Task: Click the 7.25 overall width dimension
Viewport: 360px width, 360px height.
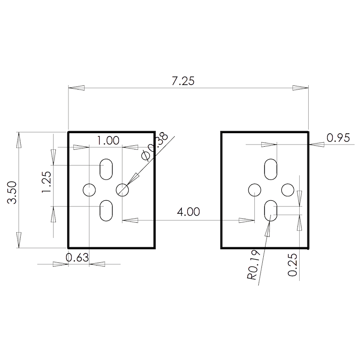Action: coord(183,81)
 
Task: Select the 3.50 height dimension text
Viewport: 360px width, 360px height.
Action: coord(12,193)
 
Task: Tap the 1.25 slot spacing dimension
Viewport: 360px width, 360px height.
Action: coord(46,182)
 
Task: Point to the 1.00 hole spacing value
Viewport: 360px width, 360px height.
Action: coord(108,140)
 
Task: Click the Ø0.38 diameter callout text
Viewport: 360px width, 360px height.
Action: coord(155,146)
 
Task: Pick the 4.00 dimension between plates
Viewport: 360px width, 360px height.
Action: coord(188,211)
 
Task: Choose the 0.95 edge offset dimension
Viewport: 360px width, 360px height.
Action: coord(338,138)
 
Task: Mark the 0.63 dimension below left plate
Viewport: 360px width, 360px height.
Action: coord(77,257)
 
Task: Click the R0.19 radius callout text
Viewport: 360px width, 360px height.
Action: coord(253,265)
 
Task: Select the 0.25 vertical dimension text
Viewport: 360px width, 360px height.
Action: coord(292,265)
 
